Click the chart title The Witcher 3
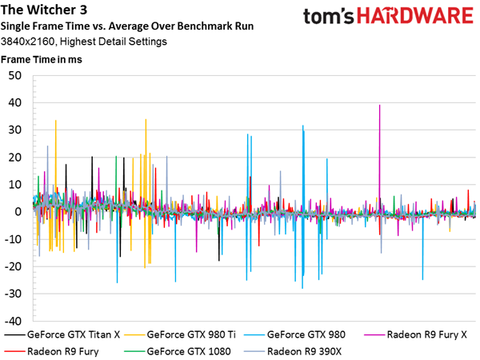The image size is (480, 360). [x=44, y=10]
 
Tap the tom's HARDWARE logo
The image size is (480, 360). [x=388, y=16]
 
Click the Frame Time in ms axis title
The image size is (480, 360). [x=42, y=59]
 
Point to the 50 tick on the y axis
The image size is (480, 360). [x=15, y=76]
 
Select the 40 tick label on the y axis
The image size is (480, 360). [x=15, y=103]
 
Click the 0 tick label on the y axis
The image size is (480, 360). [x=18, y=212]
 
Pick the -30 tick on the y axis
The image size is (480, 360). [x=13, y=294]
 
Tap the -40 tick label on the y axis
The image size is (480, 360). [x=13, y=321]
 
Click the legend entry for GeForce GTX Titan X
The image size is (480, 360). [x=62, y=334]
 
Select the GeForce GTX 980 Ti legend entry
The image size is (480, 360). [x=180, y=334]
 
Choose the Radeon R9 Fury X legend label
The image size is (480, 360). [x=427, y=334]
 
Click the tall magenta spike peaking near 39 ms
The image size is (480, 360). [x=379, y=159]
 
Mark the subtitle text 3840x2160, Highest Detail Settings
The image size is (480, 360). [x=83, y=42]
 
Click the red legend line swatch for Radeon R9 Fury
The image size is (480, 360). [x=14, y=351]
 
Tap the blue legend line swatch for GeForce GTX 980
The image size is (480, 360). [x=254, y=334]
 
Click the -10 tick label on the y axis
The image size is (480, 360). [x=13, y=239]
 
